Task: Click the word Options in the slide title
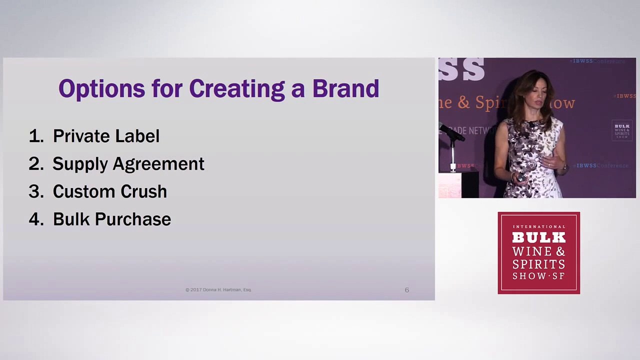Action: tap(102, 89)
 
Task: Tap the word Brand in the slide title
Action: tap(345, 88)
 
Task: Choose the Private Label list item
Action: tap(106, 136)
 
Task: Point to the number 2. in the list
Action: tap(36, 164)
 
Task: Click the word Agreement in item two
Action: tap(158, 164)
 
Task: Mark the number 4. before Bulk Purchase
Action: tap(36, 219)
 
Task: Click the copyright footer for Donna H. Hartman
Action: tap(218, 290)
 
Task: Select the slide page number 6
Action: tap(406, 290)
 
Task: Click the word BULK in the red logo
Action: tap(538, 237)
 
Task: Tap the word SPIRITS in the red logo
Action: tap(538, 263)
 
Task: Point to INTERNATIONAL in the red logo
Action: tap(538, 226)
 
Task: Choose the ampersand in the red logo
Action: tap(560, 250)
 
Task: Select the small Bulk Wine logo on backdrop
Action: tap(621, 130)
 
